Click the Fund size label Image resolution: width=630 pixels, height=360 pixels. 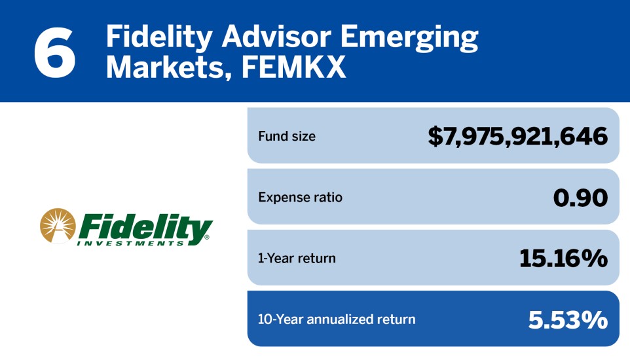[287, 137]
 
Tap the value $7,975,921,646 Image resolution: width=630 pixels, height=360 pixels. [518, 137]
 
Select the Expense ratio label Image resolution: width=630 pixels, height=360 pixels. [300, 197]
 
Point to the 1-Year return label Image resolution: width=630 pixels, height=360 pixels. [297, 258]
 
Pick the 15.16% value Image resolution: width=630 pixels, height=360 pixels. [563, 258]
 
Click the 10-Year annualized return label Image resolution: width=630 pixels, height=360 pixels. [337, 319]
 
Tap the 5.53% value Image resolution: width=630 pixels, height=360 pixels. [568, 319]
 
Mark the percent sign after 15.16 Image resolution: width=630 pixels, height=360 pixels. [595, 258]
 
